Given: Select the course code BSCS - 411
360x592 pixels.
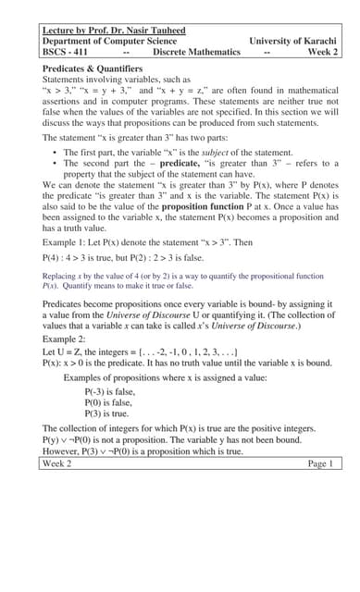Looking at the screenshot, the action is click(x=68, y=53).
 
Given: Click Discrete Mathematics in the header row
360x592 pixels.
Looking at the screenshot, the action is click(x=196, y=53).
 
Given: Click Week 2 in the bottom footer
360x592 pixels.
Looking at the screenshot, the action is click(x=58, y=463).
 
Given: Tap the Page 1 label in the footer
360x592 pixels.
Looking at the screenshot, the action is click(x=318, y=463).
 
